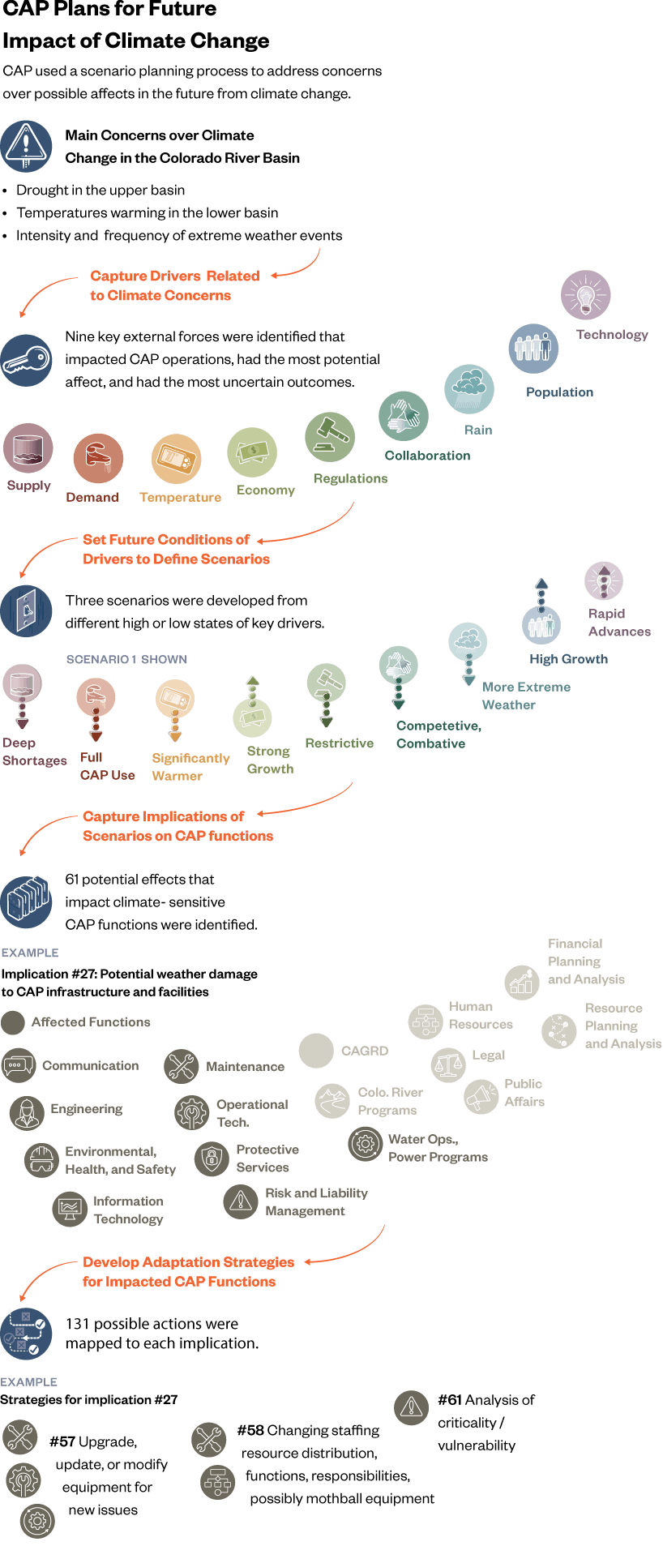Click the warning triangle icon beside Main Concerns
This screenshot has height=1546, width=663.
[27, 145]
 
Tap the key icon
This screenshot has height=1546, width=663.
[27, 360]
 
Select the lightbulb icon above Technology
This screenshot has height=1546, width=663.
[585, 295]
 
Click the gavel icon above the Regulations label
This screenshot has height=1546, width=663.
[330, 436]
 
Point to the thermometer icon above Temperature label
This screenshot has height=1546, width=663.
[176, 459]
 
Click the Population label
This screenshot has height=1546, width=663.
[559, 392]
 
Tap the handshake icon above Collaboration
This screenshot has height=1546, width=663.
[403, 415]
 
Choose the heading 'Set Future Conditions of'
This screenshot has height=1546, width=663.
[166, 540]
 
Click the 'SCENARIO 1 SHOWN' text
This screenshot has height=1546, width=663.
[126, 660]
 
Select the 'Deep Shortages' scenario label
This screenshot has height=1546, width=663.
[33, 752]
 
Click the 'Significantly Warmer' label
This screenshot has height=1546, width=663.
[190, 767]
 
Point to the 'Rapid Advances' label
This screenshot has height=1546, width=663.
[618, 623]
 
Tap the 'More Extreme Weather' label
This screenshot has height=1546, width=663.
[526, 696]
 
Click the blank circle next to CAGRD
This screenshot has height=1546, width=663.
[316, 1051]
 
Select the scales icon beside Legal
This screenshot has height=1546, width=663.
[447, 1064]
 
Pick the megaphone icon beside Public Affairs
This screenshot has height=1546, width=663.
[481, 1097]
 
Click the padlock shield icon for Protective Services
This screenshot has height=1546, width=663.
[212, 1158]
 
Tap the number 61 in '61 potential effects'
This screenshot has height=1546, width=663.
[72, 880]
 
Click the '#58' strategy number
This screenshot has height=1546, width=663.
[250, 1431]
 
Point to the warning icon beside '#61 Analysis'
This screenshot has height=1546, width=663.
[411, 1408]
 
